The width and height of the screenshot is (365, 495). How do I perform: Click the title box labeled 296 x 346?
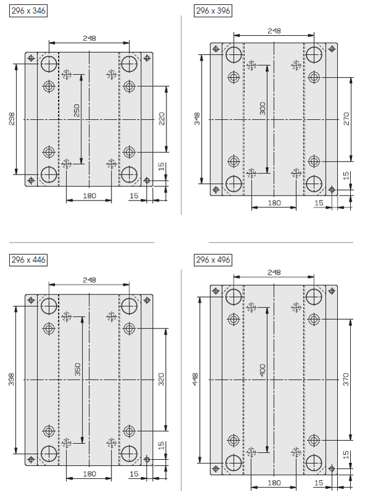pos(28,10)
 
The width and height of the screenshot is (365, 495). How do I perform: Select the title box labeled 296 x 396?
pos(213,10)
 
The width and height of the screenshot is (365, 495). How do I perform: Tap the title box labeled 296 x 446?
pos(28,260)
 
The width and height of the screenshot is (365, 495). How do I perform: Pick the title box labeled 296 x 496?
pos(213,260)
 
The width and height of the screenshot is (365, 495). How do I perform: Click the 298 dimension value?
pos(12,119)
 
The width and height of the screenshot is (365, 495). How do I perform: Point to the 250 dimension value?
pos(76,110)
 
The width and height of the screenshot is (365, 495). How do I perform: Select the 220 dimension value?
pos(162,119)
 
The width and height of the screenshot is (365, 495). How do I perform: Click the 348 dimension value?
pos(197,119)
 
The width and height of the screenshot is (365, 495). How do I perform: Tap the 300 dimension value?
pos(263,108)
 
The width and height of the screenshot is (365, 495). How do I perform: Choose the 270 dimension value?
pos(347,119)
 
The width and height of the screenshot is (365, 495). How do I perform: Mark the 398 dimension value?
pos(12,379)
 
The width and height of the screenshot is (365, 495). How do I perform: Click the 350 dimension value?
pos(78,369)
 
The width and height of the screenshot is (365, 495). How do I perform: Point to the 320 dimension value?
pos(161,380)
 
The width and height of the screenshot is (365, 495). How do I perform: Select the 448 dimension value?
pos(195,380)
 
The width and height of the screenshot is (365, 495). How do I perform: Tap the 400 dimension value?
pos(263,370)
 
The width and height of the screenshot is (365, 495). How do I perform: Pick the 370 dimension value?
pos(346,380)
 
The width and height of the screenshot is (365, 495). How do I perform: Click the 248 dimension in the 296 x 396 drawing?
pos(274,31)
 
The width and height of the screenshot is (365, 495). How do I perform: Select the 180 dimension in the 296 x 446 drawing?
pos(89,474)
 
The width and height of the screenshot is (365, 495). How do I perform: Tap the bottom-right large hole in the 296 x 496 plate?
pos(314,463)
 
